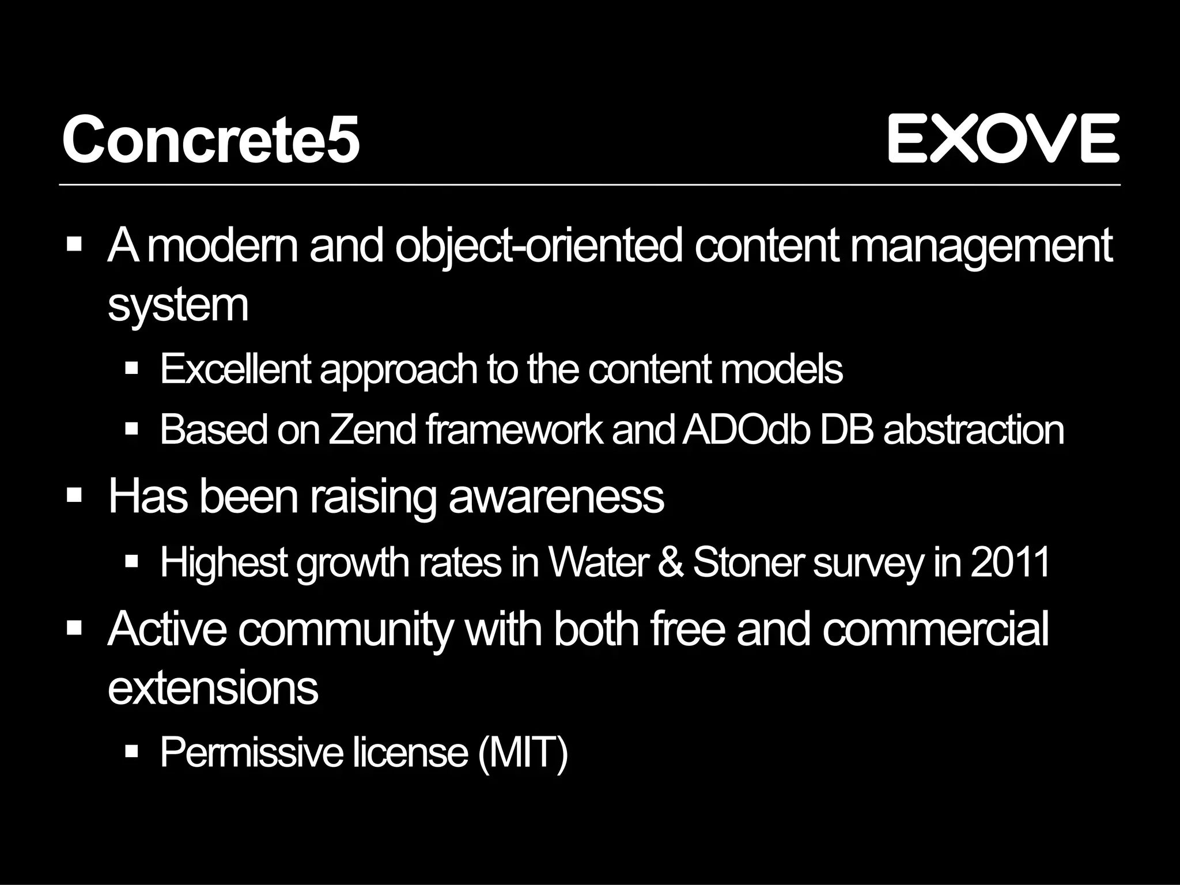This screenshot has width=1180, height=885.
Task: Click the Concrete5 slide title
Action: pyautogui.click(x=211, y=140)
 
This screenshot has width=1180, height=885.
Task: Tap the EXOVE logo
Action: pyautogui.click(x=1003, y=138)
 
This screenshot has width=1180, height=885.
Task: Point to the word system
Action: pyautogui.click(x=178, y=305)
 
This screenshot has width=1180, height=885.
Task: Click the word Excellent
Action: pyautogui.click(x=236, y=369)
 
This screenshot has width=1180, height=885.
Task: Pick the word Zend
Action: pyautogui.click(x=372, y=430)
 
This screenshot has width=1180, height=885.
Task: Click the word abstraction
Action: pyautogui.click(x=973, y=430)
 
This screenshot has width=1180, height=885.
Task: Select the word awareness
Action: pyautogui.click(x=556, y=496)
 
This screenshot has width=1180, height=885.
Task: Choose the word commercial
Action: pyautogui.click(x=935, y=629)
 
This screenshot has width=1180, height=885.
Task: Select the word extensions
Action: pyautogui.click(x=213, y=688)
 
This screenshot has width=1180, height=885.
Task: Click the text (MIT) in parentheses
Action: pyautogui.click(x=523, y=752)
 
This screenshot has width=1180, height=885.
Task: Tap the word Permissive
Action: pyautogui.click(x=251, y=752)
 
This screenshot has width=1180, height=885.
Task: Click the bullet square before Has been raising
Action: pyautogui.click(x=74, y=496)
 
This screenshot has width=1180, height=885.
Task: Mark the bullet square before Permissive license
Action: pyautogui.click(x=132, y=751)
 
